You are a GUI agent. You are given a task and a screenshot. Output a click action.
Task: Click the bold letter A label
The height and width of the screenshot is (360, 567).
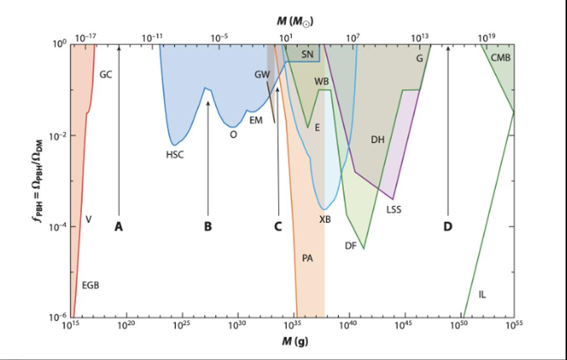[119, 227]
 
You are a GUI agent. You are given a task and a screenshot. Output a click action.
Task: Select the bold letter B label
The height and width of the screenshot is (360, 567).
[208, 227]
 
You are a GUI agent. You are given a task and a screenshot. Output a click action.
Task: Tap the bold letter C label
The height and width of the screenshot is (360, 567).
[278, 227]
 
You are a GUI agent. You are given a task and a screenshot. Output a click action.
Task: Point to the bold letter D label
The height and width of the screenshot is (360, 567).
[448, 227]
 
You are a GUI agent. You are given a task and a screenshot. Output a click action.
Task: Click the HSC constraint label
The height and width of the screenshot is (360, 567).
[175, 155]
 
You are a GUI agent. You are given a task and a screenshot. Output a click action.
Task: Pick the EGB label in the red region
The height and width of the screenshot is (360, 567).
[90, 285]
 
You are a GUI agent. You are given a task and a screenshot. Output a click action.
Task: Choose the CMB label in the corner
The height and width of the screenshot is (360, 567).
[500, 57]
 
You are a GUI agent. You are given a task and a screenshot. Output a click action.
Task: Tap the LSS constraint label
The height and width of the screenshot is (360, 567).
[393, 209]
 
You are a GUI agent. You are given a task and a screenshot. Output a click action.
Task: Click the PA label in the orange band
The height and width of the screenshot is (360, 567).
[308, 258]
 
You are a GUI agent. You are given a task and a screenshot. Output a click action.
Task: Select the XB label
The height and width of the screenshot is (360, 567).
[325, 219]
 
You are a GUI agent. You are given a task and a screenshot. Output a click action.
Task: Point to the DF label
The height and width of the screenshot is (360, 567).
[351, 245]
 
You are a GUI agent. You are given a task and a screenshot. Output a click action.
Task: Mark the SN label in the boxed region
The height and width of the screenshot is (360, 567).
[308, 54]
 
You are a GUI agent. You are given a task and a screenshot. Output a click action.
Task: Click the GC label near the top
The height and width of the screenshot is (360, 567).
[106, 75]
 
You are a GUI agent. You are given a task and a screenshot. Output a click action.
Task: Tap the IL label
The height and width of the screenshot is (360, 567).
[482, 294]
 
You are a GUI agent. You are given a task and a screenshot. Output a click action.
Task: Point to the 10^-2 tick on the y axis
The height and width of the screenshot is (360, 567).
[57, 136]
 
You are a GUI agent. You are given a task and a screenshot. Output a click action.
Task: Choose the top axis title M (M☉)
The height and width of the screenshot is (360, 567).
[296, 21]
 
